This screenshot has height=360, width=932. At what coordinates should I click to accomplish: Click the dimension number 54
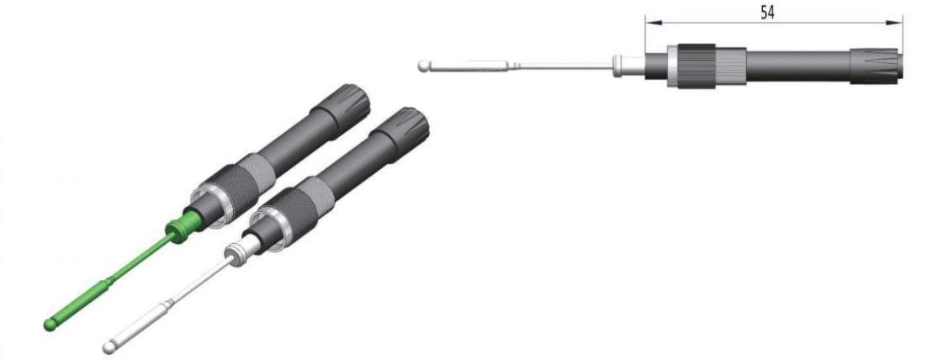tap(767, 13)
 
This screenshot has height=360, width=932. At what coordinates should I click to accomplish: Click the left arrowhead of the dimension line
tap(654, 23)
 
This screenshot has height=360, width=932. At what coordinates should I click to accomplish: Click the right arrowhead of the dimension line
tap(894, 23)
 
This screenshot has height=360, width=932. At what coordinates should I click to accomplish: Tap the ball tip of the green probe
tap(50, 325)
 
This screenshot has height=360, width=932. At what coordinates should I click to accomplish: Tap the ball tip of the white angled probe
tap(109, 347)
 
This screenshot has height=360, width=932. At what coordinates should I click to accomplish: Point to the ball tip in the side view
tap(423, 66)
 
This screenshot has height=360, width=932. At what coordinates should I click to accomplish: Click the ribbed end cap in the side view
tap(876, 66)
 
